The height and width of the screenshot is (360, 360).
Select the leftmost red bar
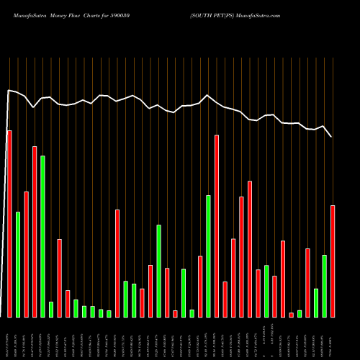[9, 224]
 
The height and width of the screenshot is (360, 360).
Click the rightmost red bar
[333, 261]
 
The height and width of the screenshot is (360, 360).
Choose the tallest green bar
[42, 236]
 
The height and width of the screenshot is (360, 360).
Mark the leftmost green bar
[18, 264]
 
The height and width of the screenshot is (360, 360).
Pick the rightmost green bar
[324, 286]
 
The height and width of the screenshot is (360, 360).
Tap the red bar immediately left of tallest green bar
[35, 231]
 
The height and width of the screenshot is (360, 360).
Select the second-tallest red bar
[216, 226]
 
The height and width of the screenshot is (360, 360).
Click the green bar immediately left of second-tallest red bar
[208, 256]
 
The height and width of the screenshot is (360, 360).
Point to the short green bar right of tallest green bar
[51, 309]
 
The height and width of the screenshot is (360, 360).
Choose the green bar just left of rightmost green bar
[316, 302]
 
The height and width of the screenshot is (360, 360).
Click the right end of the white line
[332, 136]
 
